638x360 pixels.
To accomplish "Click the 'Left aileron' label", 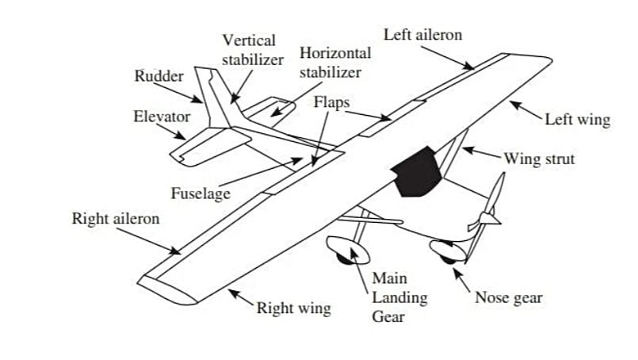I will click(x=422, y=36).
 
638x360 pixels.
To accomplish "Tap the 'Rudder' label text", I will click(x=159, y=77).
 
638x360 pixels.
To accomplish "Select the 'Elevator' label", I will click(x=162, y=117).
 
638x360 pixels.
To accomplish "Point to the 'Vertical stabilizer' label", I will click(x=251, y=49).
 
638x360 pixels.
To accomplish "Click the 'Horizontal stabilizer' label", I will click(x=335, y=63).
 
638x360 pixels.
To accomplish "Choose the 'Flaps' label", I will click(x=331, y=103).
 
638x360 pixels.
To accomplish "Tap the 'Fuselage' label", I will click(x=200, y=193).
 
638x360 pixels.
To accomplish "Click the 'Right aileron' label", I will click(x=116, y=218).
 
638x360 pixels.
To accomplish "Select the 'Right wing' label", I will click(x=293, y=308).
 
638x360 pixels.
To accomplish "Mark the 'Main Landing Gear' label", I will click(x=399, y=297).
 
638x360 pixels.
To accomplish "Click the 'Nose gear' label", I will click(x=508, y=298).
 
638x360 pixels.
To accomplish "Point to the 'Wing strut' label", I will click(x=540, y=159).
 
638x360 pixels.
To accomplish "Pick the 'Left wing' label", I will click(x=578, y=121).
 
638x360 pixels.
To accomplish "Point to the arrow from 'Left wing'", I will click(x=525, y=110).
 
